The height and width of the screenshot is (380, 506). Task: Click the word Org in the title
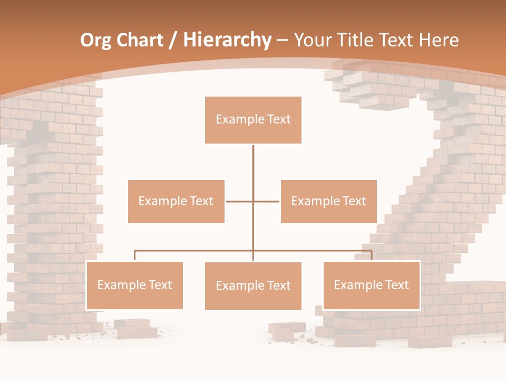pos(95,40)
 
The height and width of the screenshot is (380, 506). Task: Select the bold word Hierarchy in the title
pos(227,40)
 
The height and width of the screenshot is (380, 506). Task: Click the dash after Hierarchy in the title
pos(282,40)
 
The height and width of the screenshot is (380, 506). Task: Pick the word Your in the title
pos(313,40)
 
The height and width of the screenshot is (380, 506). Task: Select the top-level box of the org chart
pos(253,120)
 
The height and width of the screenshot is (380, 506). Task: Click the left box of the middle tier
pos(176,201)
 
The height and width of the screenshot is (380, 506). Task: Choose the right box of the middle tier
pos(328,201)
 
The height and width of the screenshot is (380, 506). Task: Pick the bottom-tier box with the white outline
pos(372,285)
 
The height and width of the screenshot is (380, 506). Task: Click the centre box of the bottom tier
pos(253,286)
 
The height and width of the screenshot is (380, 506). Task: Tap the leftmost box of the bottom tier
pos(134,285)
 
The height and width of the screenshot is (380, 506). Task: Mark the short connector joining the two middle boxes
pos(253,201)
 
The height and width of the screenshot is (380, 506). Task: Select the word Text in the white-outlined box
pos(397,285)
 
